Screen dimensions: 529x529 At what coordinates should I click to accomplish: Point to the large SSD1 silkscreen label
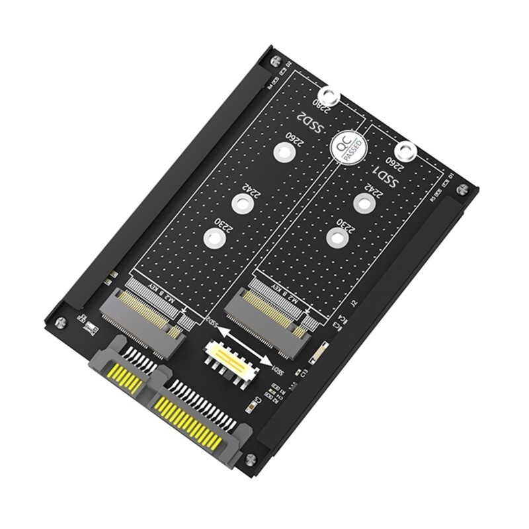384,175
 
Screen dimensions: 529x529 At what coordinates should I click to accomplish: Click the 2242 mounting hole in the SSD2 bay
243,202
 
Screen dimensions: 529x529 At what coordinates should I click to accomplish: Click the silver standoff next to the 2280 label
329,97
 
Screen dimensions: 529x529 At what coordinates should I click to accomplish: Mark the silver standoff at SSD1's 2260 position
407,153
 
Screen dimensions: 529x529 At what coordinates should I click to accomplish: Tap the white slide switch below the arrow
229,360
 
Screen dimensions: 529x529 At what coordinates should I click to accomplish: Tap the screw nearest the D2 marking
272,62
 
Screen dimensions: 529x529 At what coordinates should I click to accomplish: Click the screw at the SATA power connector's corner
250,459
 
